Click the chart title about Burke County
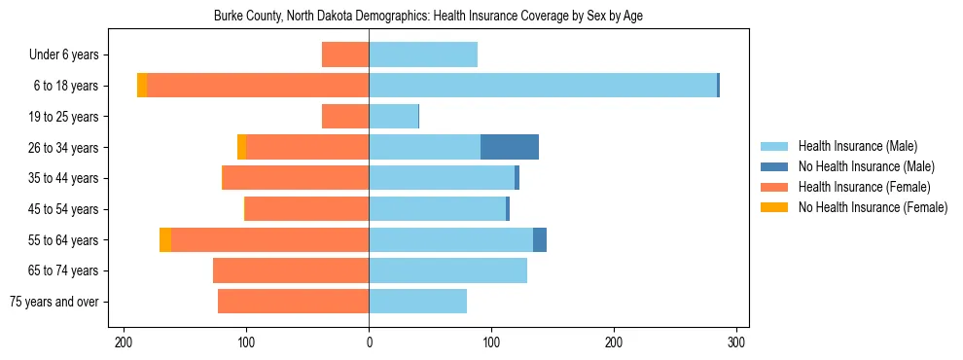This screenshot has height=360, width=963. (x=428, y=16)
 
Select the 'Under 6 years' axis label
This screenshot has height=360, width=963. (x=69, y=55)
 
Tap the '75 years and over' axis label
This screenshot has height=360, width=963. (x=54, y=302)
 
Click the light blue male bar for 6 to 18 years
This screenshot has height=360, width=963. (x=543, y=86)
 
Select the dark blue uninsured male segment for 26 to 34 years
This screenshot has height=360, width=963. (x=510, y=147)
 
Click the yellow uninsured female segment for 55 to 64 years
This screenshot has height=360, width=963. (x=165, y=239)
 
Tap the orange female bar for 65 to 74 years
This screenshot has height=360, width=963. (x=291, y=270)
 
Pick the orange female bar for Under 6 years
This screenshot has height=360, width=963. (x=345, y=55)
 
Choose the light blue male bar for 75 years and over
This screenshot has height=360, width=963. (x=418, y=302)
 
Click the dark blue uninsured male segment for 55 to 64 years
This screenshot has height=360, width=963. (x=540, y=239)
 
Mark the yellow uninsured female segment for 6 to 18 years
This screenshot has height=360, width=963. (x=142, y=86)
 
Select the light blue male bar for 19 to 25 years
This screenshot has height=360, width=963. (x=394, y=117)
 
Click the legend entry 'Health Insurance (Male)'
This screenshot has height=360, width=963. (x=857, y=146)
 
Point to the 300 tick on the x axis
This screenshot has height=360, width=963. (x=737, y=342)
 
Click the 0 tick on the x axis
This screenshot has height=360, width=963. (x=369, y=342)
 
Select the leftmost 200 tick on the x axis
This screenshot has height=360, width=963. (x=124, y=342)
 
